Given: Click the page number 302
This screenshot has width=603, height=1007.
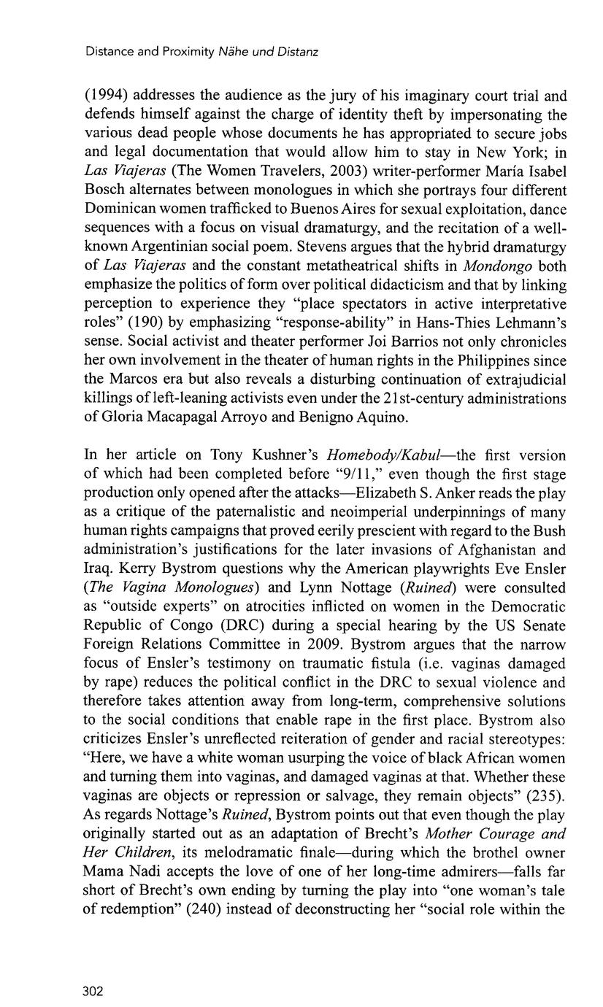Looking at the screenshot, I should click(93, 990).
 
